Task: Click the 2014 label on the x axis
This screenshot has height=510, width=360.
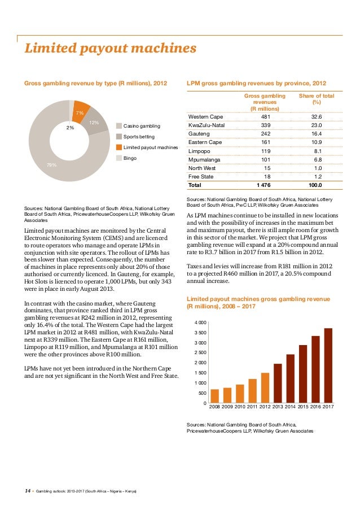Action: [290, 407]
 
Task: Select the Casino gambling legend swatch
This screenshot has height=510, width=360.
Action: [118, 125]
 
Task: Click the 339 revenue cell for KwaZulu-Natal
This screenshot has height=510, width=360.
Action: [265, 124]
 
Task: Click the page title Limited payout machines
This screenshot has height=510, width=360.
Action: [110, 49]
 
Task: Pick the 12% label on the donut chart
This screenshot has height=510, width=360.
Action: [94, 123]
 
